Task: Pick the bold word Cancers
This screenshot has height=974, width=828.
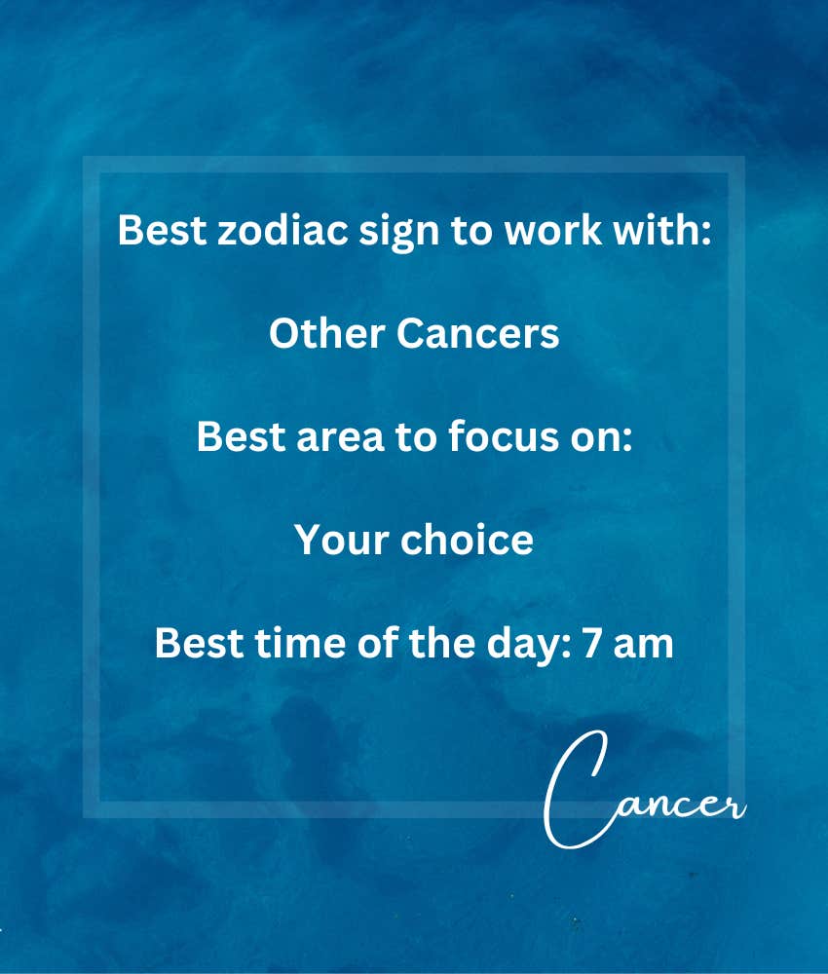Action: (477, 333)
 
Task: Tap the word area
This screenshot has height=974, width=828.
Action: (340, 436)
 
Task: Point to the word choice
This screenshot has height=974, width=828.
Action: (468, 540)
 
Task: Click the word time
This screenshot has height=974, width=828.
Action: (301, 642)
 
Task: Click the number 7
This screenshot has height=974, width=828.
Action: (592, 643)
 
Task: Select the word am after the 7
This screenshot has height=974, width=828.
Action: (644, 646)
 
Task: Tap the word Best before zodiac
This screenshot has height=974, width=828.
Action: (162, 230)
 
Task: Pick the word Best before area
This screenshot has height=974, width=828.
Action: (241, 436)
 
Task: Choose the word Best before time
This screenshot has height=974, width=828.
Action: (200, 643)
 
